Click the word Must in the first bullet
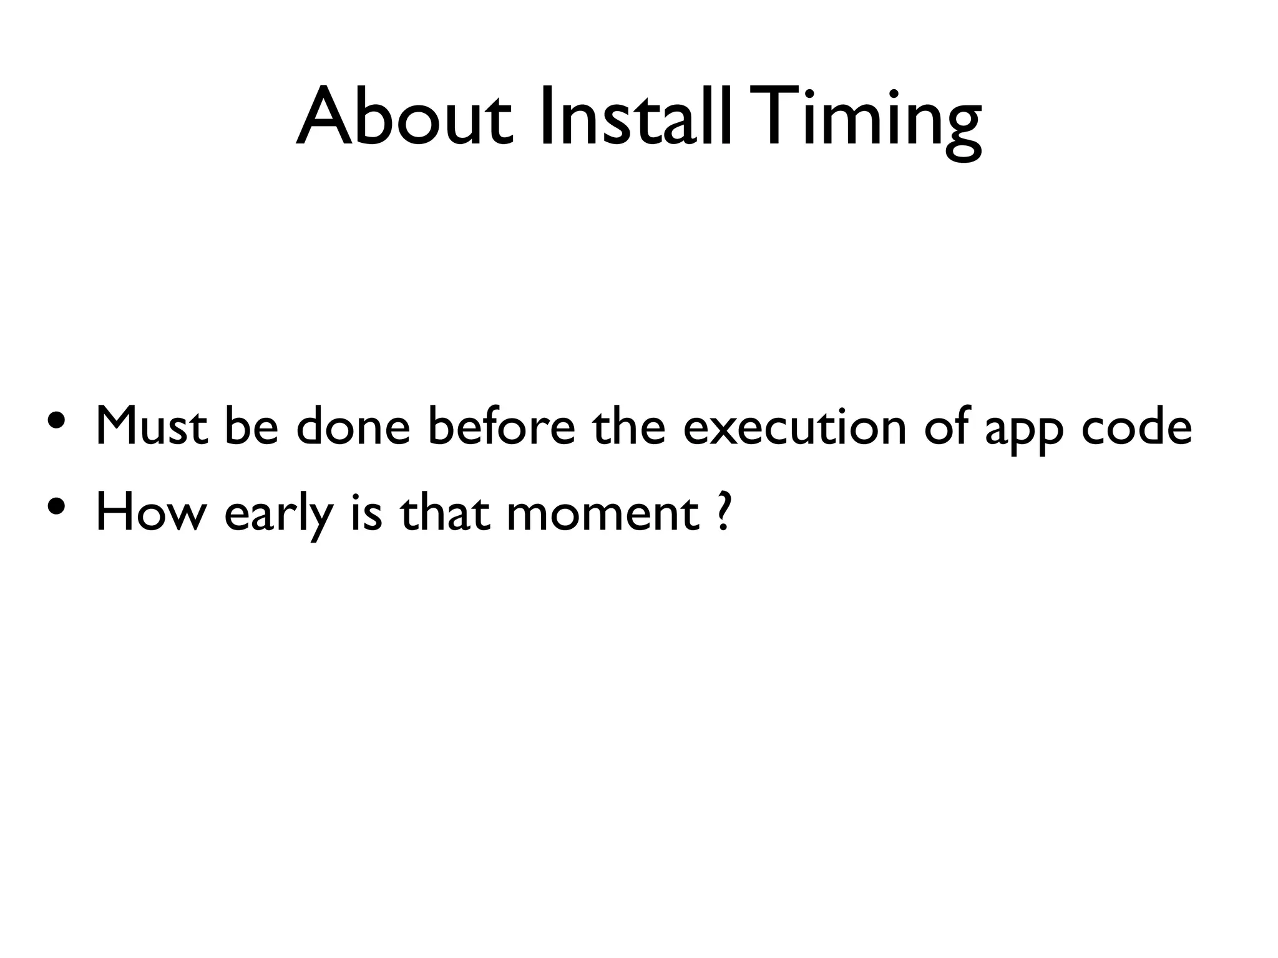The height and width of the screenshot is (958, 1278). [151, 427]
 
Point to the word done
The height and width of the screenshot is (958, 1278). [353, 427]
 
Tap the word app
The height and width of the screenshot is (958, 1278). [1024, 433]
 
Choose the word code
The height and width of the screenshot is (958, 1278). [1136, 427]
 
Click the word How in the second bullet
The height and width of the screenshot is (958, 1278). [150, 513]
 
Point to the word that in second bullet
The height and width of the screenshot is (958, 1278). [444, 513]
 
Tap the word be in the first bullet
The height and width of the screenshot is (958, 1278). [251, 427]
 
